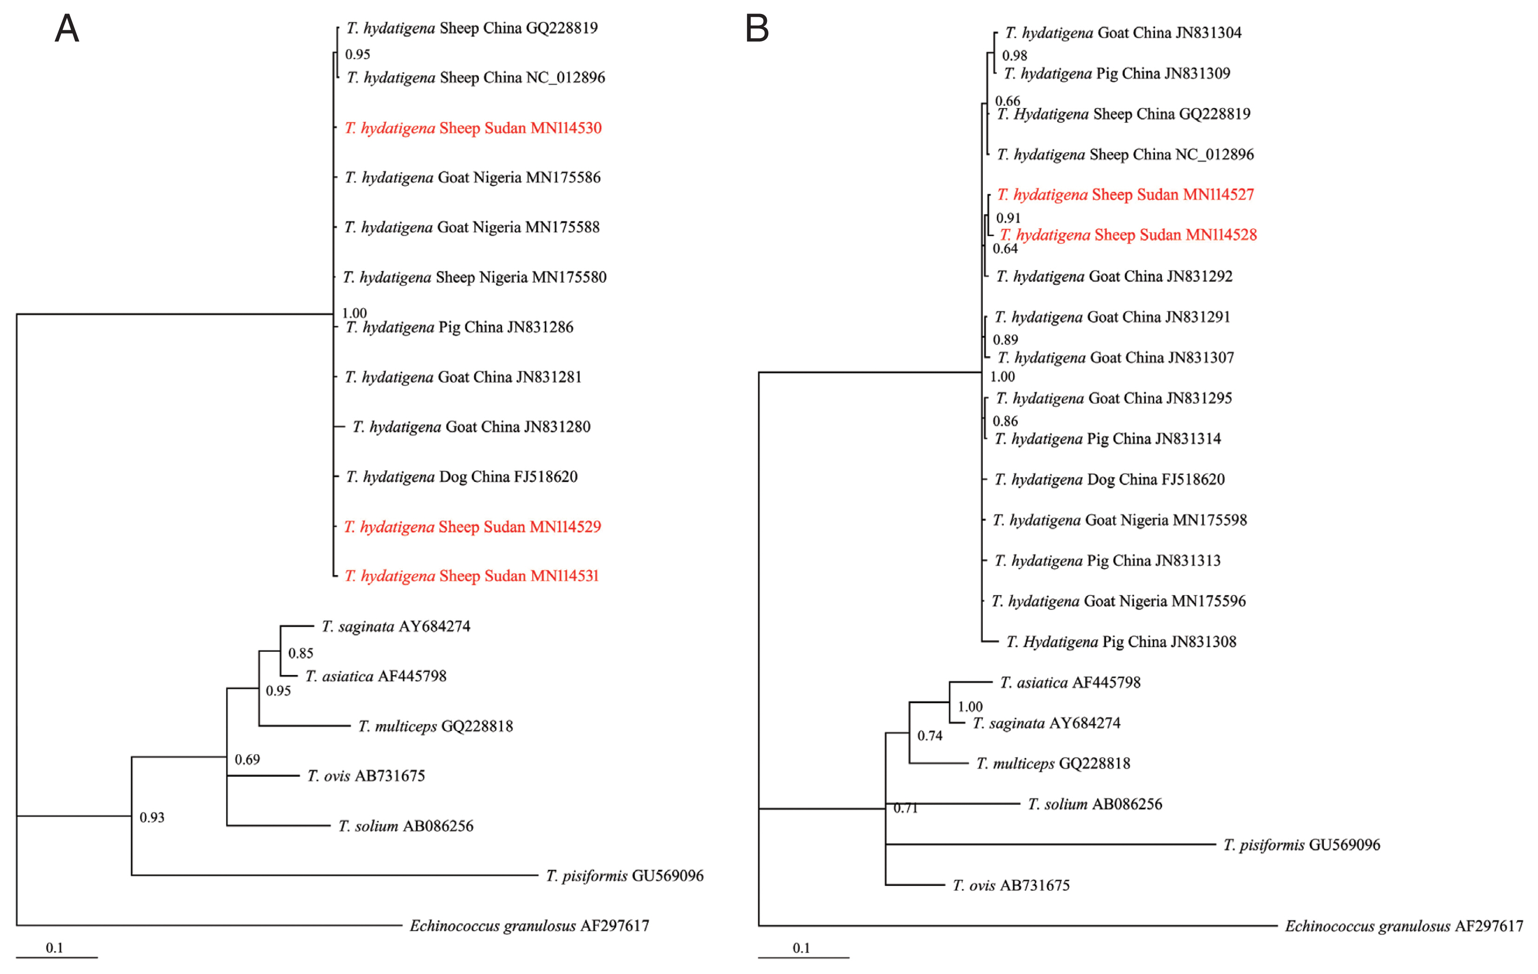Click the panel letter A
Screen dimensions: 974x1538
point(67,29)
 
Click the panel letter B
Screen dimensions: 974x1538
point(757,29)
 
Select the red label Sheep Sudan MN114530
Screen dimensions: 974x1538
point(473,128)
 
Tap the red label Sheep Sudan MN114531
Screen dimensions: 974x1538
point(471,576)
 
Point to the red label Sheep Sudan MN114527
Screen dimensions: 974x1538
point(1125,194)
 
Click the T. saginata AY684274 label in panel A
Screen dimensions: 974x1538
point(396,626)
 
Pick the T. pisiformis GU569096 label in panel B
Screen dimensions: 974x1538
point(1302,845)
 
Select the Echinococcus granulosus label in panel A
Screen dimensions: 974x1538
point(529,926)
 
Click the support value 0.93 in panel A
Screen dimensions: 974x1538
point(152,818)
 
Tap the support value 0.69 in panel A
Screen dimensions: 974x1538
point(247,759)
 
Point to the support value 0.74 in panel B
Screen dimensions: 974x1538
point(930,736)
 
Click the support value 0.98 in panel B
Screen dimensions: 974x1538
point(1015,55)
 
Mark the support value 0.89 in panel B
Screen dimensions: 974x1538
point(1005,340)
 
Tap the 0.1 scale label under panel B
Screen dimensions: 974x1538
point(801,948)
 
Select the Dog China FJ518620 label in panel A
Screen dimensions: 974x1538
point(461,477)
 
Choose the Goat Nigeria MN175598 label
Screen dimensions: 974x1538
point(1120,520)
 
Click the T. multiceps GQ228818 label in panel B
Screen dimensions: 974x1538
point(1053,763)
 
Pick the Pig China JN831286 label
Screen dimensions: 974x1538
point(459,327)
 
